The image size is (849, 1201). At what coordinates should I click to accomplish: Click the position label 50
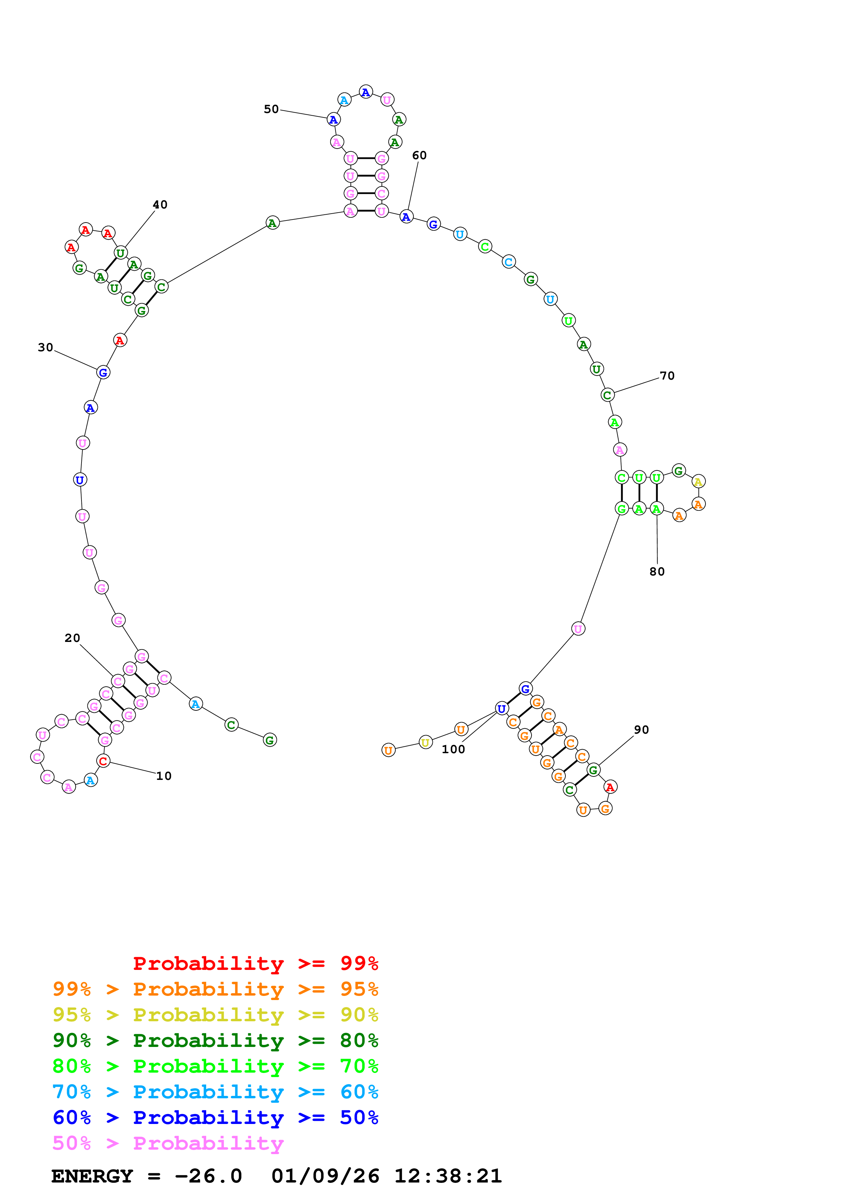[x=271, y=109]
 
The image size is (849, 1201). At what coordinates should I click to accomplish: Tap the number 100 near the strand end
[x=453, y=749]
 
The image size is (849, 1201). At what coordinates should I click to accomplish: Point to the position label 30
[x=46, y=348]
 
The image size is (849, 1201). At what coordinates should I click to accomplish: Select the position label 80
[x=657, y=572]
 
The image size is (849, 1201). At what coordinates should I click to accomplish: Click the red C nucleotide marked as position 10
[x=103, y=761]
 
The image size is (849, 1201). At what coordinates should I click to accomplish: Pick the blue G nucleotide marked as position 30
[x=103, y=372]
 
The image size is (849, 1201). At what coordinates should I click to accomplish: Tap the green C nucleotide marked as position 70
[x=607, y=395]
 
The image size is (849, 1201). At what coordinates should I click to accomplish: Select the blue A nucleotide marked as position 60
[x=407, y=217]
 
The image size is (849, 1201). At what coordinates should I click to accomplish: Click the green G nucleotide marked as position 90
[x=593, y=770]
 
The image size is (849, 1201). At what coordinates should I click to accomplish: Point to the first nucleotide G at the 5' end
[x=270, y=740]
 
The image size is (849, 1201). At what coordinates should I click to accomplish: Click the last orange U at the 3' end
[x=388, y=750]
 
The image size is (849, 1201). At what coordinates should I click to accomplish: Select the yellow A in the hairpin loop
[x=698, y=481]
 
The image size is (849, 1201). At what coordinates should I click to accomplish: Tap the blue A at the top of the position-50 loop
[x=366, y=92]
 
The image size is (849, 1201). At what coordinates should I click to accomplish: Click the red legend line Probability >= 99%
[x=255, y=963]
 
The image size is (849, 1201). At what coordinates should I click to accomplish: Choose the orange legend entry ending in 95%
[x=215, y=989]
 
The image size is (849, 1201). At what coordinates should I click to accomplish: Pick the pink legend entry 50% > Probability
[x=168, y=1143]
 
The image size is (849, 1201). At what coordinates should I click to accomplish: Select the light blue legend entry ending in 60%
[x=215, y=1092]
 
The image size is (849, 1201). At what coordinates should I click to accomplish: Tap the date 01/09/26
[x=325, y=1176]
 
